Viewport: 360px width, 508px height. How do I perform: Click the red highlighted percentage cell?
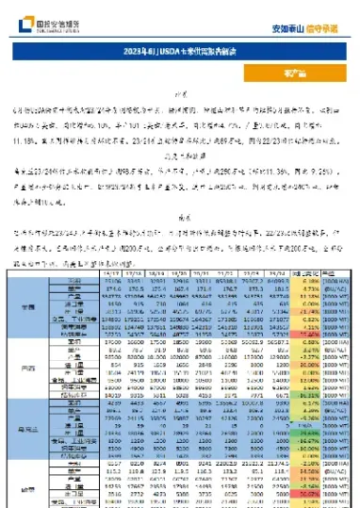(303, 491)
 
